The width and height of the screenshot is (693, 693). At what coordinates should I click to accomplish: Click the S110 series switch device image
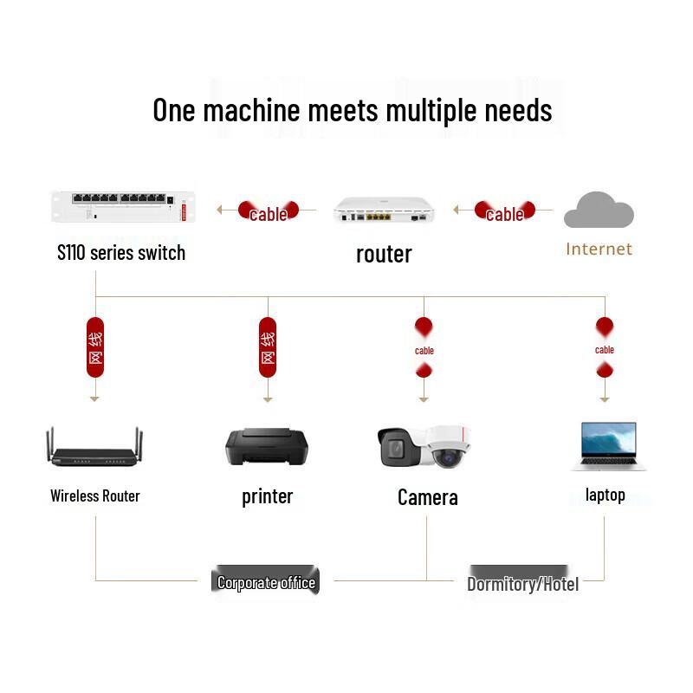pos(123,206)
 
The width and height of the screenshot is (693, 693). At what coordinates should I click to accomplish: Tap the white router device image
pos(384,210)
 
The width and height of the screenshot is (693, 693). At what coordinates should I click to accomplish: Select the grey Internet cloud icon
pos(599,210)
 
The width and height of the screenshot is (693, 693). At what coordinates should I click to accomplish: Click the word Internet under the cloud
pos(599,249)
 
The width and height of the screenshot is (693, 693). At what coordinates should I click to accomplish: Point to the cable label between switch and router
pos(269,214)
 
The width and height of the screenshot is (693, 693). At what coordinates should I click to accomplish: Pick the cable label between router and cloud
pos(505,214)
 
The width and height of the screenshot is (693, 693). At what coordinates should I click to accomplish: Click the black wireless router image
pos(94,447)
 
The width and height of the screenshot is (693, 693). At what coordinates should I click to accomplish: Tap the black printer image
pos(267,446)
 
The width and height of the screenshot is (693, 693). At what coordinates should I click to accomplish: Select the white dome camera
pos(447,446)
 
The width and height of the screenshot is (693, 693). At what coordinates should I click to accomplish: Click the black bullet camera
pos(399,446)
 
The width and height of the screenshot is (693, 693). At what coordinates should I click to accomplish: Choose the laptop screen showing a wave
pos(609,439)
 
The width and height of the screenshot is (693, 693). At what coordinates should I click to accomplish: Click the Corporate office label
pos(266,582)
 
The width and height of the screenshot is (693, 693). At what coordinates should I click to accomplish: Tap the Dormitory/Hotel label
pos(523,584)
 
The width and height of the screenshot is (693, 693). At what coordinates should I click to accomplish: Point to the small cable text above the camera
pos(424,351)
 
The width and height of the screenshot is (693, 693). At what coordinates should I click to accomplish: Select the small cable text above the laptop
pos(605,350)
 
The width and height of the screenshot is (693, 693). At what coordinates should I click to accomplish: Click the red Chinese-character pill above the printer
pos(268,347)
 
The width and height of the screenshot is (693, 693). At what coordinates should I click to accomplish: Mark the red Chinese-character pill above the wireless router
pos(95,347)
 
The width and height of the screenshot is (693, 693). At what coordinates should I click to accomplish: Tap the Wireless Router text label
pos(95,495)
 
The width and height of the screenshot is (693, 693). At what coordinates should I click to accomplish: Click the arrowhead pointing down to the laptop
pos(605,399)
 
